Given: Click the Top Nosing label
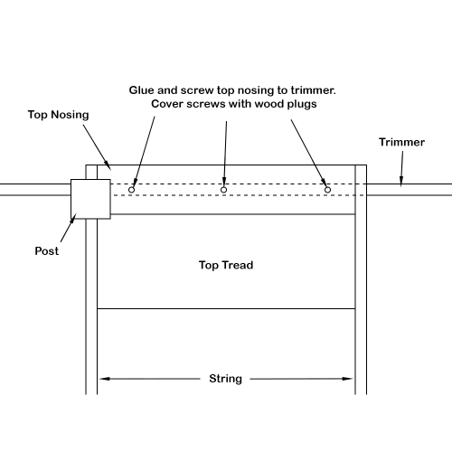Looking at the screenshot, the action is [58, 115].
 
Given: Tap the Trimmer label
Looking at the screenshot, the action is [401, 142].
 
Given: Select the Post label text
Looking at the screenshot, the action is [47, 251].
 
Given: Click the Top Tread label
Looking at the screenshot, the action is [226, 265].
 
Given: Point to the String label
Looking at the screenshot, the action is [225, 379].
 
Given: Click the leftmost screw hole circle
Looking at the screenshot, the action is [131, 190].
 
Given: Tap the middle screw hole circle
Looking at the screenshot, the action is [223, 190].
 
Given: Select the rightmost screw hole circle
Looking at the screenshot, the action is [327, 190].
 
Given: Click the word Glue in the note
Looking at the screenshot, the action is [142, 90].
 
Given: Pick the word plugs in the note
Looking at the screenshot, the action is [302, 104].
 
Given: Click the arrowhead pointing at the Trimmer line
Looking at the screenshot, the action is [401, 181].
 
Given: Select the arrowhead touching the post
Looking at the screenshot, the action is [72, 219].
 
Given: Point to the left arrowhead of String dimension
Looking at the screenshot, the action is [104, 379].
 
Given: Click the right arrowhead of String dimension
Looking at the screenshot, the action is [347, 379].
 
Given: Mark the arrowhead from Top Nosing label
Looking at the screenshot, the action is [108, 165].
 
